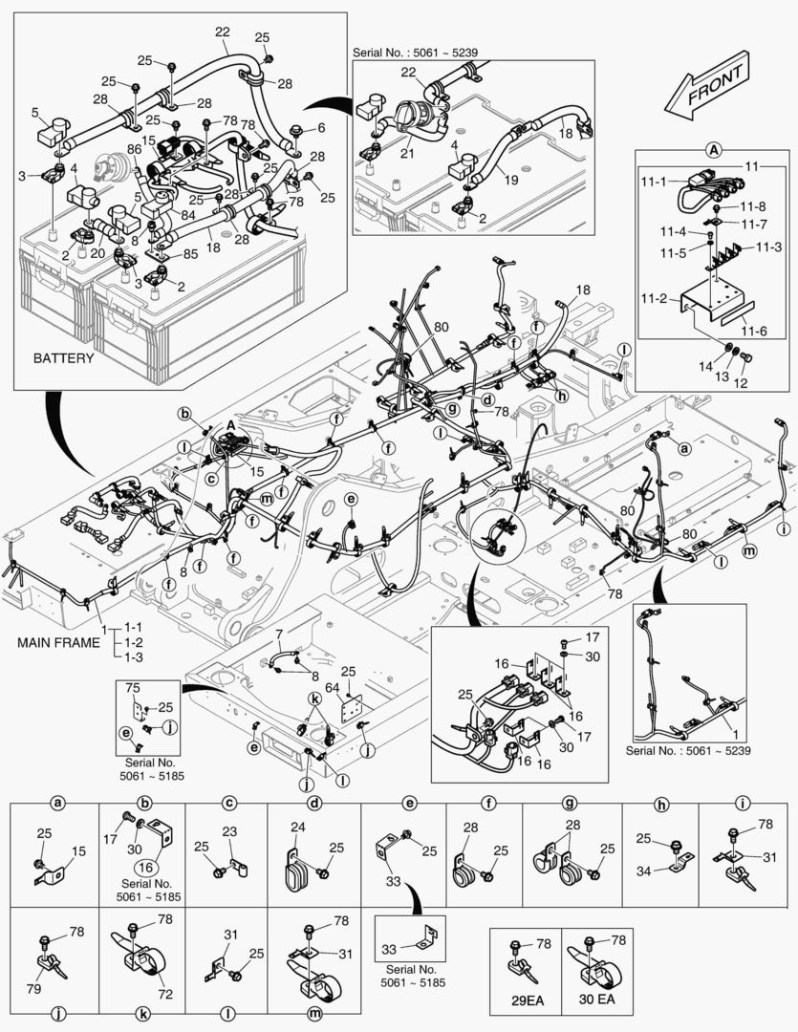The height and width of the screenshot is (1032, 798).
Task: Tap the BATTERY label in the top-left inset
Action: pos(63,358)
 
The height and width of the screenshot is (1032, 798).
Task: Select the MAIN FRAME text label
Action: pos(57,642)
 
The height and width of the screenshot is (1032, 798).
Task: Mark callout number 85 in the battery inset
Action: pos(191,254)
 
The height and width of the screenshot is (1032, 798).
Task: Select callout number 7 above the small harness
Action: pos(278,634)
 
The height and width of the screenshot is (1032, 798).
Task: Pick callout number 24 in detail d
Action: pos(297,828)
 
